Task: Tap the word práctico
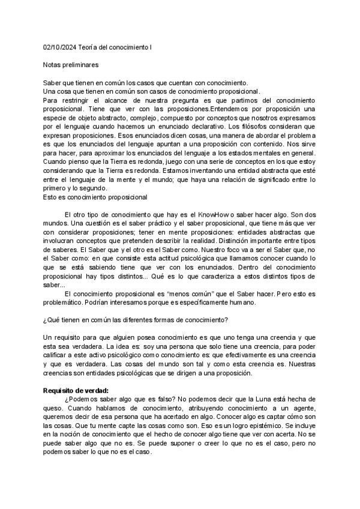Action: (x=151, y=223)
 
